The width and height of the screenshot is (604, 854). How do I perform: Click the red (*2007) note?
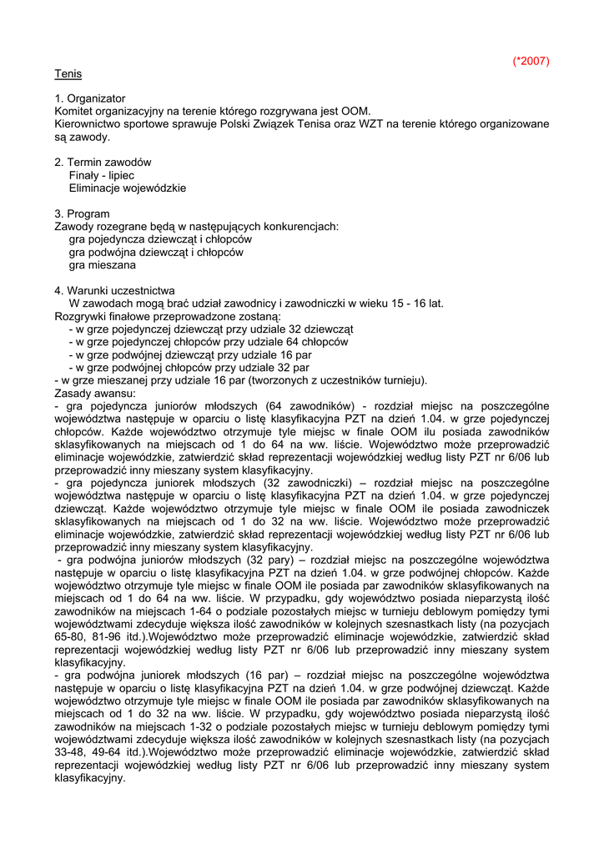pos(531,61)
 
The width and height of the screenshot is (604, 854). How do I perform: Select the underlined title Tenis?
pos(68,73)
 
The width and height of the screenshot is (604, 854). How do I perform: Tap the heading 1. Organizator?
pos(90,98)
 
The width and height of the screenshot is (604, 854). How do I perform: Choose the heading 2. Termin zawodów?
pos(103,162)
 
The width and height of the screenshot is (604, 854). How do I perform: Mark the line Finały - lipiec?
pos(102,175)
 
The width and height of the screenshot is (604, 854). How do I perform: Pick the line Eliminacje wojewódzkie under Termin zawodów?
pos(128,188)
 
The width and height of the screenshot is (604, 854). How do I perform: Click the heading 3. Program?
pos(82,213)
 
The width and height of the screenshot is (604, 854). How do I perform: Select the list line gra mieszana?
pos(103,265)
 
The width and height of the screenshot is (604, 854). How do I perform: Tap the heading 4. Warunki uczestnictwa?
pos(114,290)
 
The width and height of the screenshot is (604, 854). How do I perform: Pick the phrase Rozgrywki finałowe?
pos(103,316)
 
